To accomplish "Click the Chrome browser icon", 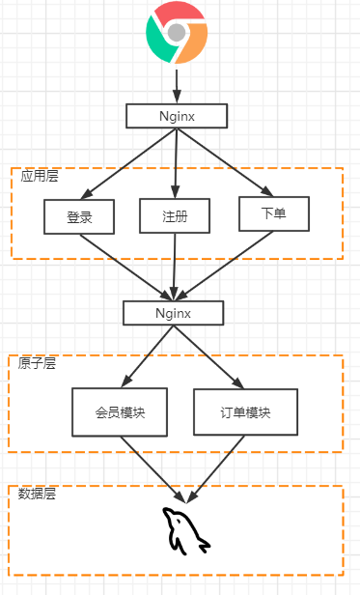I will coord(177,33).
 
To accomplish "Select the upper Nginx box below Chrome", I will coord(178,116).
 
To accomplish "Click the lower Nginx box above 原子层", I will coord(174,313).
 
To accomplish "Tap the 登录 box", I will coord(79,216).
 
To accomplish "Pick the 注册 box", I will coord(175,216).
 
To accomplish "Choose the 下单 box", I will coord(274,213).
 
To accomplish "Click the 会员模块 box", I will coord(120,412).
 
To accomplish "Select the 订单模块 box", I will coord(245,411).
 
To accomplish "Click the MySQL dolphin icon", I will coord(185,530).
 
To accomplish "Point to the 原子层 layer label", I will coord(37,363).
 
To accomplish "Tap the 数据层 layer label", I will coord(37,494).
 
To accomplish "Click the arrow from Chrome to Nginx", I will coord(177,84).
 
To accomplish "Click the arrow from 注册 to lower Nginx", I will coord(175,266).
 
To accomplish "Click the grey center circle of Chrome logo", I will coord(177,33).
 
